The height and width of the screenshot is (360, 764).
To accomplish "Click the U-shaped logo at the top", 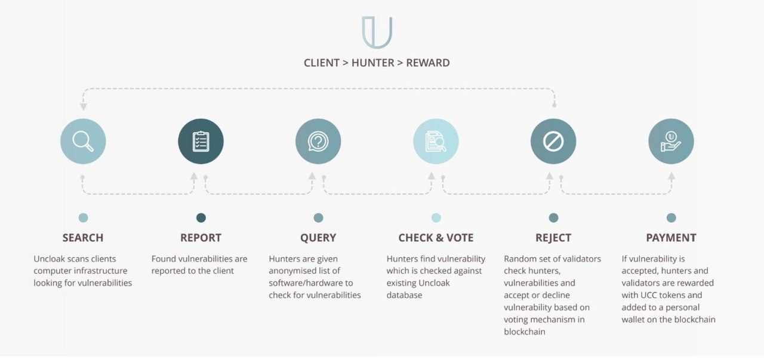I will (377, 32).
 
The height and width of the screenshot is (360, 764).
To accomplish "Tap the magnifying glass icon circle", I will (83, 141).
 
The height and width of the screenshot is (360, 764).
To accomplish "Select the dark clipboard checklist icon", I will (201, 141).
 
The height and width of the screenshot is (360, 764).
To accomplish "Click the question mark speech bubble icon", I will (318, 141).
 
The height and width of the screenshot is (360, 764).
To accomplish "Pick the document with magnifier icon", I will (436, 141).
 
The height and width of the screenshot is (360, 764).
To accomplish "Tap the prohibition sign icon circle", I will (553, 141).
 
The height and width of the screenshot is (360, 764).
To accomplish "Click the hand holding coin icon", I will (671, 141).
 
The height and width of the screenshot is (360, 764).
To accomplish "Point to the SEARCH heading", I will (83, 238).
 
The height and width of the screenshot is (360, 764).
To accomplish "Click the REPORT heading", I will (201, 238).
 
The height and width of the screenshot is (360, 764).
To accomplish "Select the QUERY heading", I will (318, 238).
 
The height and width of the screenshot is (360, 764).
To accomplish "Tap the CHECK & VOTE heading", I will (436, 238).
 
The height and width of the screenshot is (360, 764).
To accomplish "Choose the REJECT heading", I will (553, 238).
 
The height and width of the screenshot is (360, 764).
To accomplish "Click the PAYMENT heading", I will (671, 238).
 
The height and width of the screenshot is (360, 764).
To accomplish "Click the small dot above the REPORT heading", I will (201, 218).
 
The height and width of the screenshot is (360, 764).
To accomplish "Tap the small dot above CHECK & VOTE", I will (436, 218).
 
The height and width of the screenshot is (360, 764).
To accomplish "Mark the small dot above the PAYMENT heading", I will (671, 218).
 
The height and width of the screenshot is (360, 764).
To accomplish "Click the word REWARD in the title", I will (428, 63).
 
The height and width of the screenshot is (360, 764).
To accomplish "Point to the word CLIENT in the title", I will (322, 63).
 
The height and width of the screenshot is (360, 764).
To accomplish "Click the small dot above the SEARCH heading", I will (83, 218).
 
